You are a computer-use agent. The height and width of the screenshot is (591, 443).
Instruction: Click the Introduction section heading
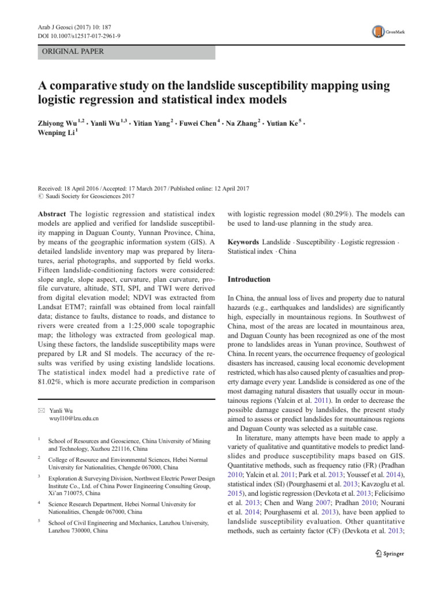(x=249, y=279)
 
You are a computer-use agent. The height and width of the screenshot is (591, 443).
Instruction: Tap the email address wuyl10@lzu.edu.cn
(x=74, y=418)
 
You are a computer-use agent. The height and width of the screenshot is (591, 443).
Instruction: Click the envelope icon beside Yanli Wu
(x=41, y=409)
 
